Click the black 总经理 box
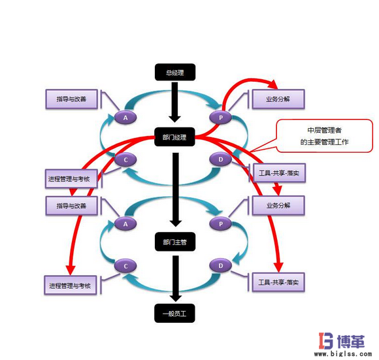(x=174, y=73)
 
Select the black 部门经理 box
(x=174, y=137)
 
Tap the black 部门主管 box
(x=174, y=242)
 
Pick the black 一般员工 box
(x=174, y=314)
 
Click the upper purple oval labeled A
(x=124, y=117)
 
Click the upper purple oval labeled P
(x=220, y=117)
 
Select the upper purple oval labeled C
(x=124, y=159)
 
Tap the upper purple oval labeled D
(x=220, y=159)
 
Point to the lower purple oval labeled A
(x=124, y=223)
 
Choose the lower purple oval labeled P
(x=220, y=223)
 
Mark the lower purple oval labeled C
(x=124, y=265)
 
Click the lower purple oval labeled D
(x=220, y=265)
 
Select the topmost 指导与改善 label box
(x=73, y=99)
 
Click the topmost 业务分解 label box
(x=278, y=99)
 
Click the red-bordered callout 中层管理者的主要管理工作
(x=315, y=135)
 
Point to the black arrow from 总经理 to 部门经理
(x=174, y=103)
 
